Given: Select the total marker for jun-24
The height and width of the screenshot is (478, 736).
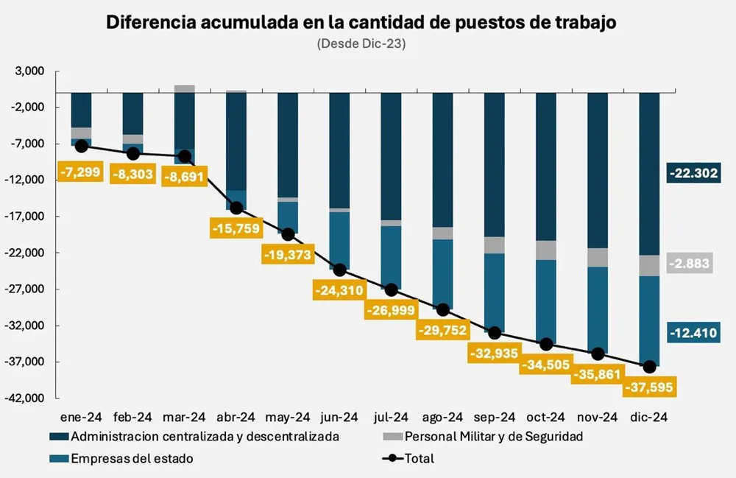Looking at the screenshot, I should point(339,270).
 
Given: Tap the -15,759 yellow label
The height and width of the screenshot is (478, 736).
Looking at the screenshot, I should point(236,228).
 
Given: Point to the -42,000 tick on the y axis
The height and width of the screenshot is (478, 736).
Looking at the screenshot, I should point(26,398).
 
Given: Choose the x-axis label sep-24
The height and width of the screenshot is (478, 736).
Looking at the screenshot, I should point(494,417).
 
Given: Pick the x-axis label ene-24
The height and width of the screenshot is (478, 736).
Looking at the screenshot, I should point(81,417).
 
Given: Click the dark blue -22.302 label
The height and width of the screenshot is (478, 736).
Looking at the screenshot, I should point(693,173).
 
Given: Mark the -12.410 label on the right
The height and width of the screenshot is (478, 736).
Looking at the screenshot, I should point(693,332).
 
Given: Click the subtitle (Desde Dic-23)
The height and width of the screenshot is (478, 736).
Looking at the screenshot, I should point(361,43).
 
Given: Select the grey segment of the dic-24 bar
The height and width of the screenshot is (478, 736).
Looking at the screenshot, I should point(649,265).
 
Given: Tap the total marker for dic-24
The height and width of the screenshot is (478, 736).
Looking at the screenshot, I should point(649,367).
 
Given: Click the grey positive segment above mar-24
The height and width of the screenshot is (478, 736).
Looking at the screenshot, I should point(185,88).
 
